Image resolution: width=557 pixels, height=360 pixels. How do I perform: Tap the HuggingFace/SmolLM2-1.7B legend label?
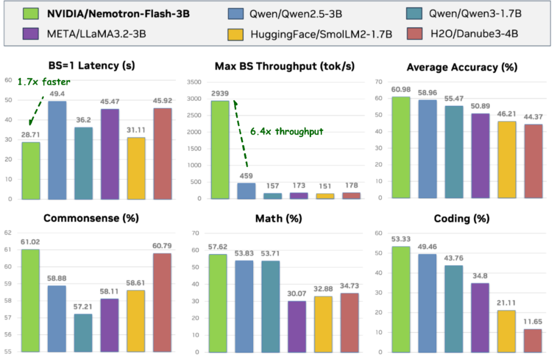(x=321, y=34)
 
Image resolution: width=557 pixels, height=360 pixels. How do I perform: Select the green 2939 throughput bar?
(x=220, y=150)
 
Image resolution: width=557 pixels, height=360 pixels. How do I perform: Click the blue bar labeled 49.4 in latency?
(x=57, y=150)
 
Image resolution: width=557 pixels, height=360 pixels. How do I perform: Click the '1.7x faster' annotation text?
(x=43, y=81)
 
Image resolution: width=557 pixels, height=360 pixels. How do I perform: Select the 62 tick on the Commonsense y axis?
(x=8, y=233)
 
